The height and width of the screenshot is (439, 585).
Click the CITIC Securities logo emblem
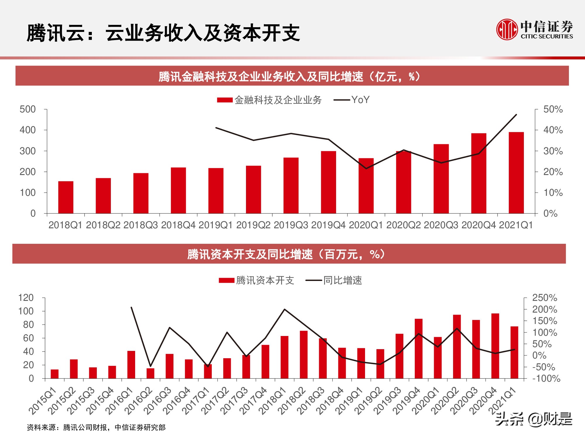(507, 29)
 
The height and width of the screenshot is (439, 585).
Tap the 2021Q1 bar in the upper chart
(516, 173)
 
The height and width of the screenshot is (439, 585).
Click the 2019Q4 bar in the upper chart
(328, 182)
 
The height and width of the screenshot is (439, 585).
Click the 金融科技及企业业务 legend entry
(269, 100)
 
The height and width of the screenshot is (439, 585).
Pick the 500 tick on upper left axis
(27, 109)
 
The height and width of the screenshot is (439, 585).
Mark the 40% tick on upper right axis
(553, 130)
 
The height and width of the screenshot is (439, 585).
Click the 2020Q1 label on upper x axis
(366, 225)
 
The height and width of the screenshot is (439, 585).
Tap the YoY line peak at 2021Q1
(516, 115)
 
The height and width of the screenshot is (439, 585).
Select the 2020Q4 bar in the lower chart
(495, 346)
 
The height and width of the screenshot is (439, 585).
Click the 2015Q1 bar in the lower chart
(54, 374)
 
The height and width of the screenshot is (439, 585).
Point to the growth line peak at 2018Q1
(285, 309)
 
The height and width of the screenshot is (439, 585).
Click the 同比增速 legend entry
(334, 280)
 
